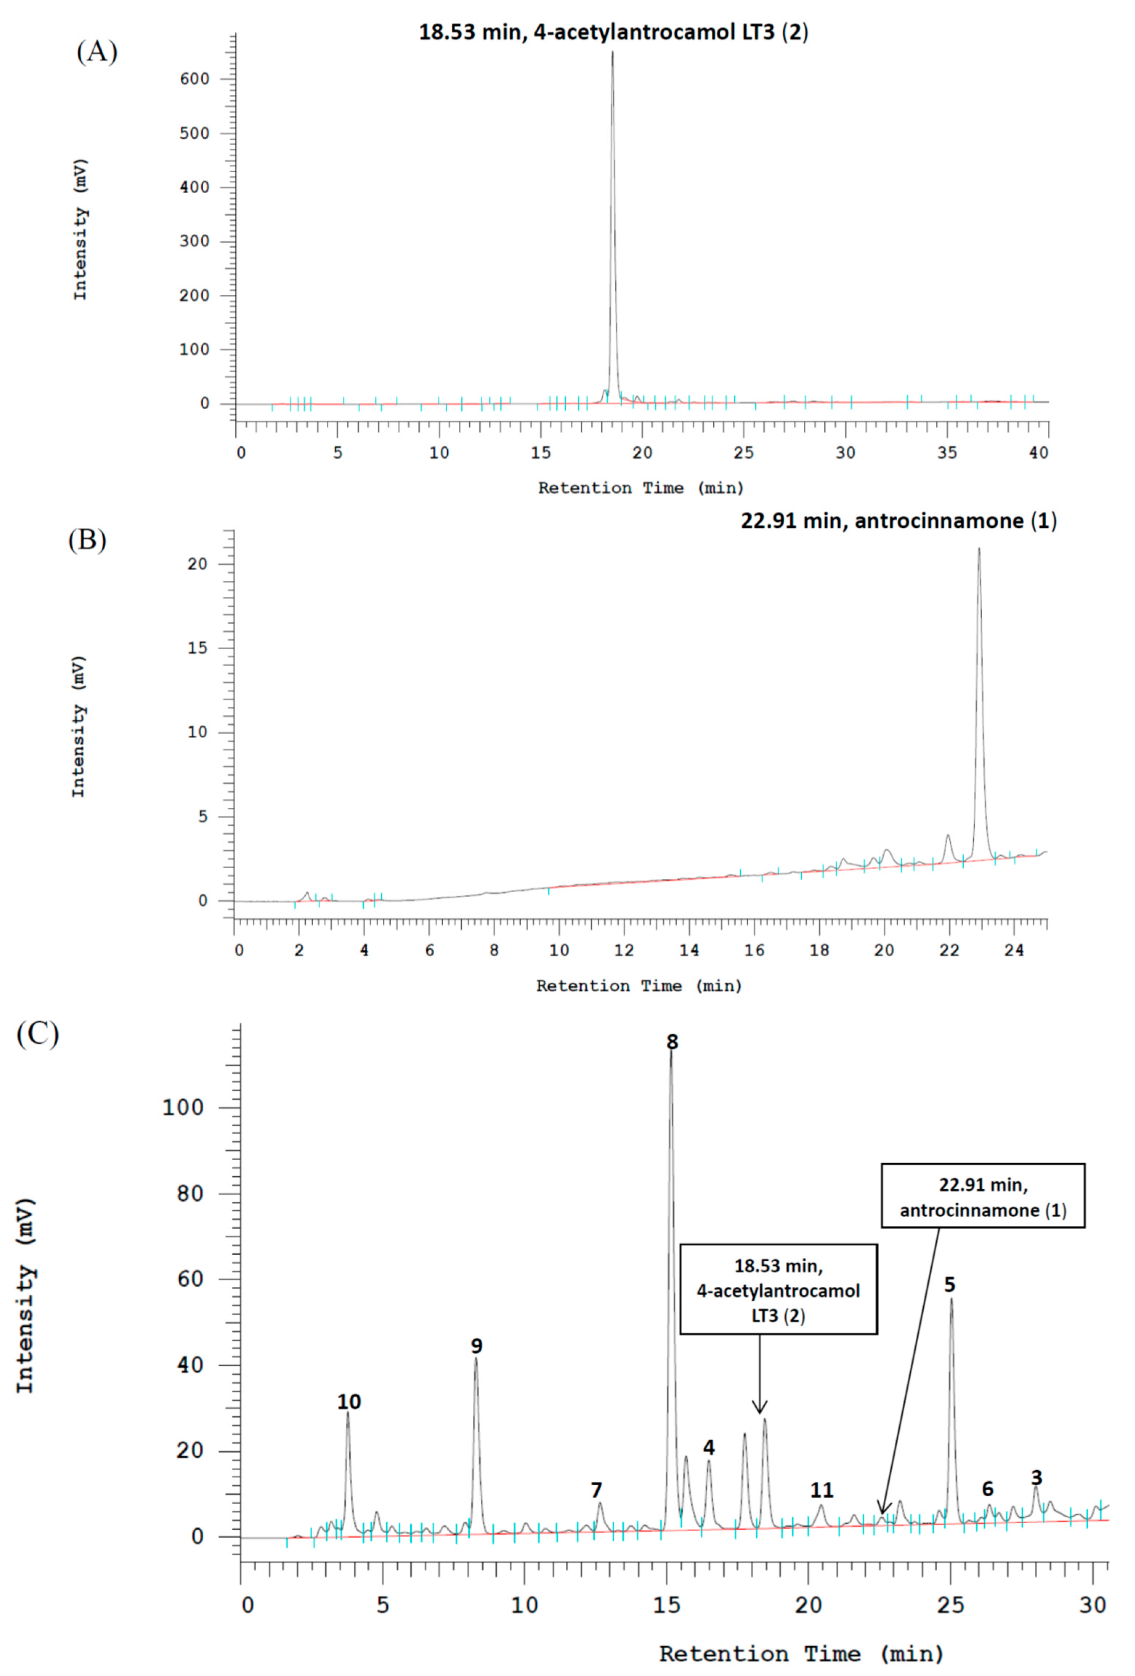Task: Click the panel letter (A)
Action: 97,52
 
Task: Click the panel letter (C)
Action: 37,1034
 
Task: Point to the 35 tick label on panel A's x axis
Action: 947,453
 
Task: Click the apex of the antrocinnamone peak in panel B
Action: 979,549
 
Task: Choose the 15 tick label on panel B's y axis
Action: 197,648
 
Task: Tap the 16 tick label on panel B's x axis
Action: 754,950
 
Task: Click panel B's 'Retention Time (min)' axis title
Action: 639,986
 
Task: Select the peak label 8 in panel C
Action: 672,1042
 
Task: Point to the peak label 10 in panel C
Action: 349,1401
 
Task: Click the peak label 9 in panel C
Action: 477,1346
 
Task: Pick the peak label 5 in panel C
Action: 950,1285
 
